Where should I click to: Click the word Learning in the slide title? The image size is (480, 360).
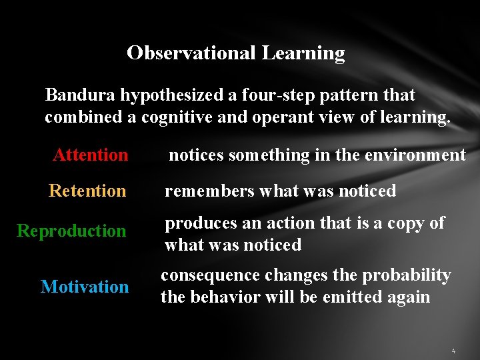tap(303, 53)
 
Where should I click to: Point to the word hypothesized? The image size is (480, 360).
tap(172, 95)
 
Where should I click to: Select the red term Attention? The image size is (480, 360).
tap(91, 155)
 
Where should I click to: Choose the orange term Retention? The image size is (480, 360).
tap(87, 191)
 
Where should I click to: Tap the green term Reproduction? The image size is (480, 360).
tap(71, 231)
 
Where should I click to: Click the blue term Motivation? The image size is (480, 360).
tap(85, 287)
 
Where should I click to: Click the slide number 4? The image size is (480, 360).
tap(453, 350)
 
